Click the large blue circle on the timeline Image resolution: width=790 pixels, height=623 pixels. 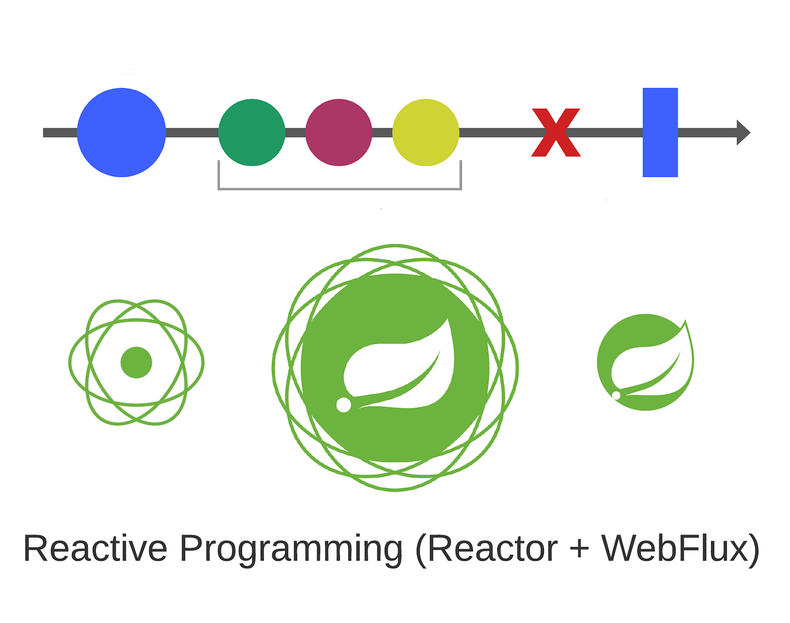(x=121, y=133)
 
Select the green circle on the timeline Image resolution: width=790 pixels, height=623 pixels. (x=252, y=133)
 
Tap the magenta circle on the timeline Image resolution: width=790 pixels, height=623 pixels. (x=339, y=133)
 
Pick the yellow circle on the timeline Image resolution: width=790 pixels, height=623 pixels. (x=425, y=133)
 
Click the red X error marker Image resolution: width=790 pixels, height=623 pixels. (x=556, y=133)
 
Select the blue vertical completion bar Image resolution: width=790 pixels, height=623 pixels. (x=660, y=133)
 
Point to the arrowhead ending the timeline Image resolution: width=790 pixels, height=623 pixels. (x=743, y=133)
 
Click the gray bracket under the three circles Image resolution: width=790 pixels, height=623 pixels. (x=340, y=188)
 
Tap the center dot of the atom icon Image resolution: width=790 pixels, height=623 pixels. (x=137, y=362)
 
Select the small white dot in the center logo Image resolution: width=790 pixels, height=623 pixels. (x=343, y=405)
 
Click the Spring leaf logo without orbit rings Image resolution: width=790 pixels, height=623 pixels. (x=645, y=362)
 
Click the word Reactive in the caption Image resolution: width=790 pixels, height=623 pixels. (x=95, y=549)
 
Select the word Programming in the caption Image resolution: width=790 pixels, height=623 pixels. (x=291, y=549)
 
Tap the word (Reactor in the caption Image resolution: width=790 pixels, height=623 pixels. (x=486, y=549)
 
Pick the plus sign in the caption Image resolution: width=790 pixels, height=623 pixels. (x=580, y=549)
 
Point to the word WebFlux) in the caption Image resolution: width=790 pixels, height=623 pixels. (x=681, y=549)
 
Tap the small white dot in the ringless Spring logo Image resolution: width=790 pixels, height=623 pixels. (x=616, y=395)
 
